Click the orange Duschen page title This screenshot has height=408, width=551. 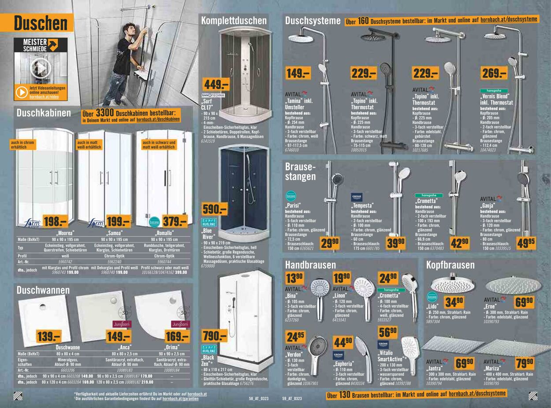coord(41,23)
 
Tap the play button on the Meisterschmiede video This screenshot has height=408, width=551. coord(41,68)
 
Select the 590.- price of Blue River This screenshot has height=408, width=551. coord(214,209)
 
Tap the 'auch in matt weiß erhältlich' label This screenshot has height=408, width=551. coord(89,145)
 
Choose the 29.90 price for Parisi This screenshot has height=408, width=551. coord(330,243)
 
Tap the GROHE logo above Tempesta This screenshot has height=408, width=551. coord(357,197)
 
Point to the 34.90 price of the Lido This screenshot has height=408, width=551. coord(454,301)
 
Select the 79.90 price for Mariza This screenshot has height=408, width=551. coord(524,364)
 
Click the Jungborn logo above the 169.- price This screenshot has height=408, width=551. coord(180,324)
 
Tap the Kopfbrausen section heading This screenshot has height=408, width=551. coord(450,265)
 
